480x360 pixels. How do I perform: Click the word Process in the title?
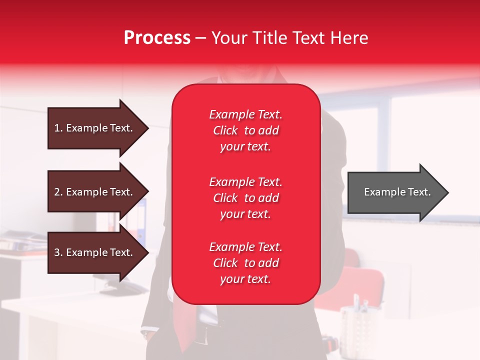coord(157,38)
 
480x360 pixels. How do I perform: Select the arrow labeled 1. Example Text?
coord(95,128)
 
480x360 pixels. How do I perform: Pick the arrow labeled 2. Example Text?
coord(95,192)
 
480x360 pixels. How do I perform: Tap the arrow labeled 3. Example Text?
coord(95,252)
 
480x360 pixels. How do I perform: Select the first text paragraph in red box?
coord(245,130)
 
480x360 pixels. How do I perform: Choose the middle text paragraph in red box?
coord(245,198)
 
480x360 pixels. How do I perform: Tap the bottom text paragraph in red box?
coord(245,263)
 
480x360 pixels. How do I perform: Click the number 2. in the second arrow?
coord(58,192)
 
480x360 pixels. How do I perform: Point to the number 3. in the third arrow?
coord(58,252)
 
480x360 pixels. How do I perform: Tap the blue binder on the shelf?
coord(142,220)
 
